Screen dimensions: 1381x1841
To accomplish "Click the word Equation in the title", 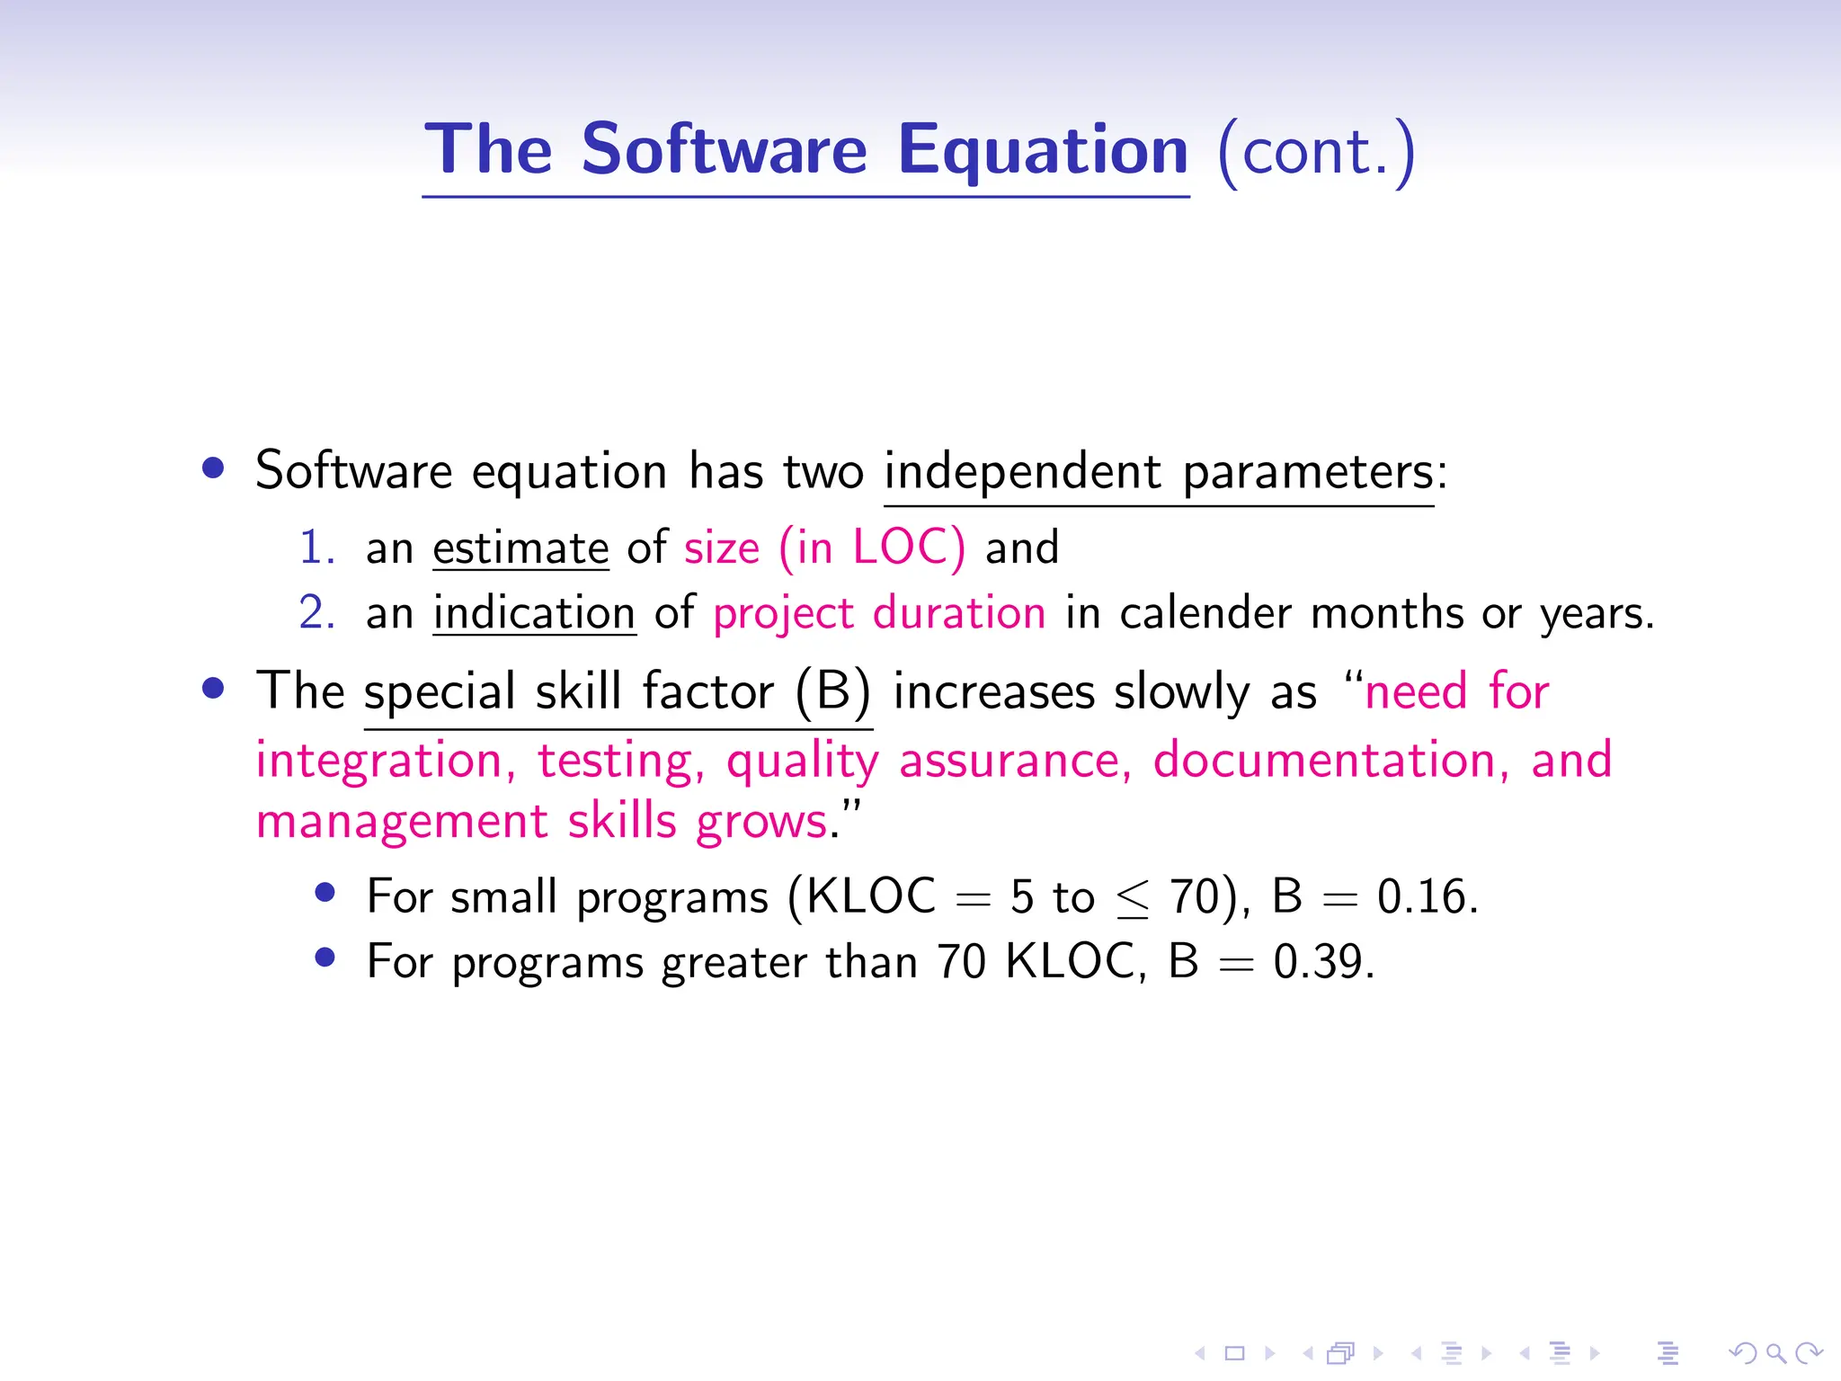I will click(x=1043, y=151).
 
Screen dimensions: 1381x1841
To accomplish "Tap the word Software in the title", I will click(x=724, y=149).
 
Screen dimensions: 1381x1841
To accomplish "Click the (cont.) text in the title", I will click(x=1316, y=153).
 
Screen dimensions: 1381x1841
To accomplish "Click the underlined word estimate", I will click(x=520, y=548).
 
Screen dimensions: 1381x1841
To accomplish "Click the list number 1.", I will click(x=316, y=548).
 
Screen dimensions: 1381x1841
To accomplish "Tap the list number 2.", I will click(x=316, y=613).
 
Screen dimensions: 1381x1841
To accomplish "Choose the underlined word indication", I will click(x=534, y=613).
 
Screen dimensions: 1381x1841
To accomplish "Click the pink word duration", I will click(x=959, y=613).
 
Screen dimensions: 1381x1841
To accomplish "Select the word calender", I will click(x=1205, y=613).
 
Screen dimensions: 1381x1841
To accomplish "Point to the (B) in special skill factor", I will click(x=833, y=691).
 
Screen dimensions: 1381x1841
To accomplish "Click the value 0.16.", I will click(x=1427, y=896).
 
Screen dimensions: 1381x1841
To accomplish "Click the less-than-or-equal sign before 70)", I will click(x=1133, y=899).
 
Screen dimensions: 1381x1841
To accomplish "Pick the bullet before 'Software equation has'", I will click(x=213, y=468).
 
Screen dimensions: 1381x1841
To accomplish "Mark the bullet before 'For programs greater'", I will click(x=325, y=958).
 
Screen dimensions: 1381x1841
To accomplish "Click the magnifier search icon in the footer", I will click(x=1775, y=1352).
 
